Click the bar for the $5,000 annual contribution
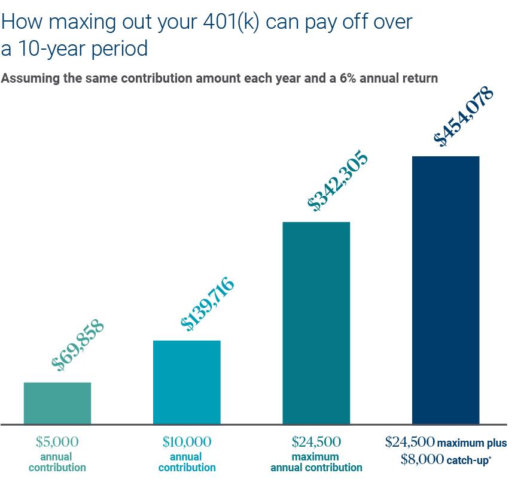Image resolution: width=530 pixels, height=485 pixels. [57, 403]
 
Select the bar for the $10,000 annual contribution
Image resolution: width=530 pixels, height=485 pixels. [187, 382]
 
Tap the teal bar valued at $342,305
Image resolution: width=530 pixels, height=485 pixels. [316, 323]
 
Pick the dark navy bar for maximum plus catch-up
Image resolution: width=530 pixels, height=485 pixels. [446, 290]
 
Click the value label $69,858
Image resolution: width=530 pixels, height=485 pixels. [78, 345]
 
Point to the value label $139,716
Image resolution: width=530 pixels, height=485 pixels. [208, 304]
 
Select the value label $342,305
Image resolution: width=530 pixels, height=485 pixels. [337, 181]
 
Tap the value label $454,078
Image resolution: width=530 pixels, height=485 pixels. [464, 117]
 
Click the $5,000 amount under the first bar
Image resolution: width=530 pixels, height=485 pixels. [57, 442]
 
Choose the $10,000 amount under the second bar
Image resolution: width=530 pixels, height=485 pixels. [187, 442]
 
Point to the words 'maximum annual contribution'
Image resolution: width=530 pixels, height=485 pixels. [316, 462]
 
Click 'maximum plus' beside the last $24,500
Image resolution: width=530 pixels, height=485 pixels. [472, 444]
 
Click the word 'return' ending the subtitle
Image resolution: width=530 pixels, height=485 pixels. [420, 78]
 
